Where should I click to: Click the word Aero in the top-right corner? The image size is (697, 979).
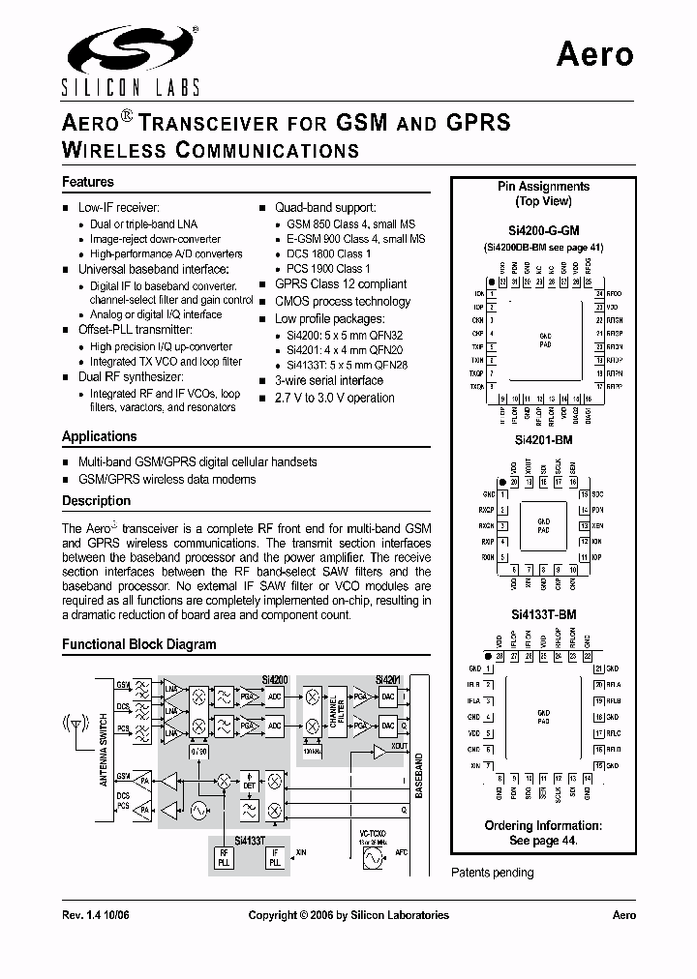pos(594,54)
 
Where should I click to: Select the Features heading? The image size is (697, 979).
pos(88,182)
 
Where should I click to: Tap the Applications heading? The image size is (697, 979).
pos(99,436)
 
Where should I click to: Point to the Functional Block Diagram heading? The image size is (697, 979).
pos(138,644)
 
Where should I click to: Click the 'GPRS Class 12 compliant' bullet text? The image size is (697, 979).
pos(341,284)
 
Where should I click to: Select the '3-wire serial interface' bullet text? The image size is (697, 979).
pos(328,380)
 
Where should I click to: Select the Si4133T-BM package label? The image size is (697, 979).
pos(543,614)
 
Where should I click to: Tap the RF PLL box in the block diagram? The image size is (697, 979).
pos(224,856)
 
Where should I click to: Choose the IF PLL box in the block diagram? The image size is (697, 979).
pos(275,856)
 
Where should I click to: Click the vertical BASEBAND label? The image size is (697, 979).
pos(420,774)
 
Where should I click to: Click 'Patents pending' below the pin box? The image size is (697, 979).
pos(492,873)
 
